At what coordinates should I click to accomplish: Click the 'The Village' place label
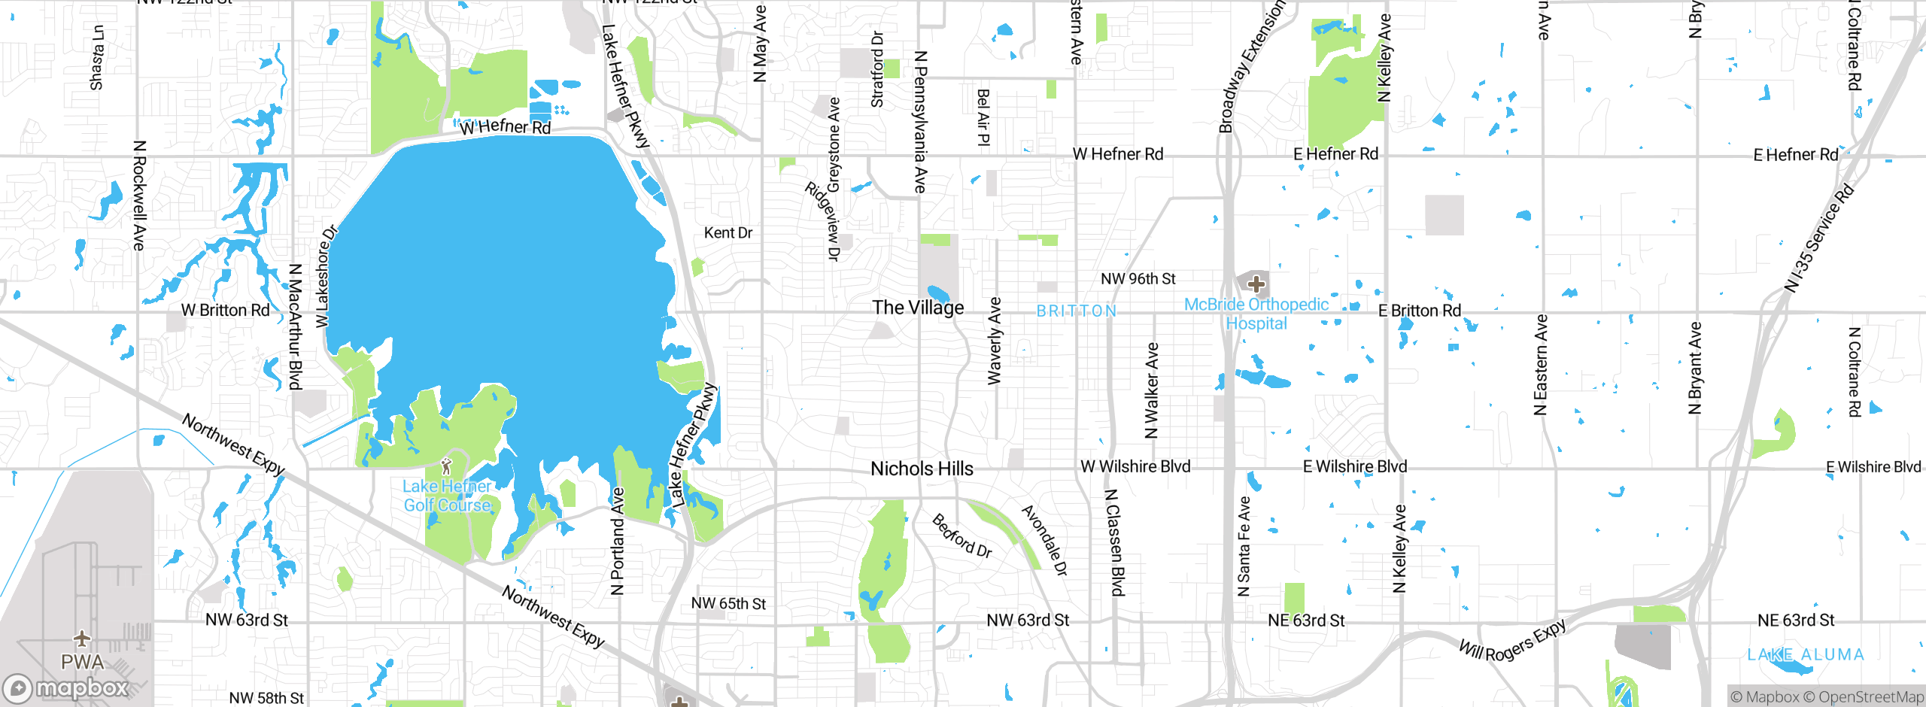tap(918, 308)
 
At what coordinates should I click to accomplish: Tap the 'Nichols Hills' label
tap(922, 469)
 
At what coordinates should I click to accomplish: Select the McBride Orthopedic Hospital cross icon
tap(1256, 284)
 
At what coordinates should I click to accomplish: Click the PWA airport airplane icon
tap(82, 639)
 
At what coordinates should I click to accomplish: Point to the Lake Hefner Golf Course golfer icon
tap(446, 466)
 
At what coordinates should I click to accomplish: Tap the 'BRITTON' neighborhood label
tap(1077, 311)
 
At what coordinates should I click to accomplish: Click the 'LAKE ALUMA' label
tap(1806, 655)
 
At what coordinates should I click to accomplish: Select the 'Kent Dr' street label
tap(728, 233)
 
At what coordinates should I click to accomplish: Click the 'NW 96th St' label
tap(1138, 279)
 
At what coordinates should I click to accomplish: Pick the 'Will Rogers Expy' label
tap(1512, 640)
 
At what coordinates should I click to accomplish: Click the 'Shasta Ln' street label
tap(97, 57)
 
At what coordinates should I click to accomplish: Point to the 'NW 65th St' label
tap(728, 604)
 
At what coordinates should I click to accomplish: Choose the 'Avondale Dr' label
tap(1044, 541)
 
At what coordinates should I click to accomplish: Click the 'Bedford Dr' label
tap(961, 536)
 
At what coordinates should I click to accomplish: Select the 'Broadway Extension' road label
tap(1250, 68)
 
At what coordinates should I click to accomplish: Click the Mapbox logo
tap(66, 688)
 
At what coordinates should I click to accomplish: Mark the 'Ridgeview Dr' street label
tap(822, 221)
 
